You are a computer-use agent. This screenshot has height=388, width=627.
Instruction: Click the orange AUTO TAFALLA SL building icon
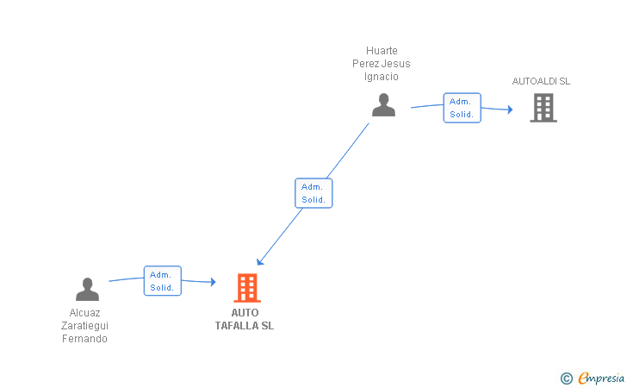(247, 287)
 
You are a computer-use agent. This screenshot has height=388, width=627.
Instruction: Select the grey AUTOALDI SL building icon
(543, 107)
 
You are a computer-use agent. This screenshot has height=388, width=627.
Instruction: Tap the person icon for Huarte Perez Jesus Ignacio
(383, 105)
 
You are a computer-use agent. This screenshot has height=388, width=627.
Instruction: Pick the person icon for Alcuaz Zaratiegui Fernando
(87, 289)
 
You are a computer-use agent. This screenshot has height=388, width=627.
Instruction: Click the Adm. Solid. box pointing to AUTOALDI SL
(462, 108)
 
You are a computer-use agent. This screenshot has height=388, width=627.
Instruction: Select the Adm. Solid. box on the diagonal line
(313, 193)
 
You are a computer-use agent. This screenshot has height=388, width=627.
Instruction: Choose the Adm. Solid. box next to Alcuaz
(162, 281)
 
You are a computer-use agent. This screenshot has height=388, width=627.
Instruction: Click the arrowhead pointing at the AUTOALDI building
(510, 110)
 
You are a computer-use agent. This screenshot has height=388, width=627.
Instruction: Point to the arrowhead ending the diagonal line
(260, 261)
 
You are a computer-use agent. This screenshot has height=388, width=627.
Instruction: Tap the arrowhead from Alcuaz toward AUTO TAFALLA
(213, 282)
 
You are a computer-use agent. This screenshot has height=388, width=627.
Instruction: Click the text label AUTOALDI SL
(541, 81)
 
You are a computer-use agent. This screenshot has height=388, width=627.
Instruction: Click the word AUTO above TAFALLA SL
(245, 313)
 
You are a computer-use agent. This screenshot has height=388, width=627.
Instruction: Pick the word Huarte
(382, 51)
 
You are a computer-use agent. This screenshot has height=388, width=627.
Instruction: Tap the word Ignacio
(381, 77)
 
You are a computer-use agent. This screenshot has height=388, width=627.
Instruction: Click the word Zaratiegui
(84, 326)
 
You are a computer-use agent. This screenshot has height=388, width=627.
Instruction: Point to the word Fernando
(84, 339)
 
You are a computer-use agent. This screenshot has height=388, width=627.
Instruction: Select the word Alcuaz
(84, 313)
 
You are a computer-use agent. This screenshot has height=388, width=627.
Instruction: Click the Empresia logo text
(601, 379)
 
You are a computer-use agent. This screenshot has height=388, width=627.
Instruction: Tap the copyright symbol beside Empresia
(567, 379)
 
